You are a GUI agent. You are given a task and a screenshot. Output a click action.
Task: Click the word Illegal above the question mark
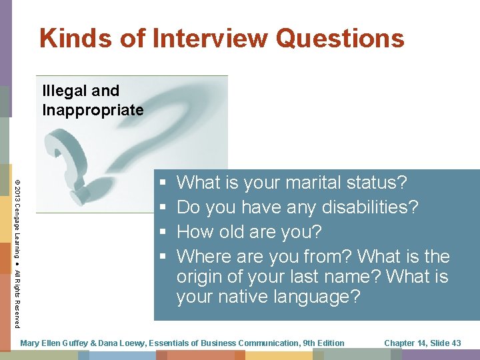pos(62,91)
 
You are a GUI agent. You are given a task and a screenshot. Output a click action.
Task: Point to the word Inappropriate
pos(93,110)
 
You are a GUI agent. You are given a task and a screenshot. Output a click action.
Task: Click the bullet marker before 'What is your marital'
pos(163,183)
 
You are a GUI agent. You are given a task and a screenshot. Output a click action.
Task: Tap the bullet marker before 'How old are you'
pos(163,233)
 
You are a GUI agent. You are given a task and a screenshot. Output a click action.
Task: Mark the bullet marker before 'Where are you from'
pos(163,257)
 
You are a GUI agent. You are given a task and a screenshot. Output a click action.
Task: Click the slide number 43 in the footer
pos(456,343)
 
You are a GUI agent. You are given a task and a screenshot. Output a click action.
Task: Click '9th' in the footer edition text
pos(311,343)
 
